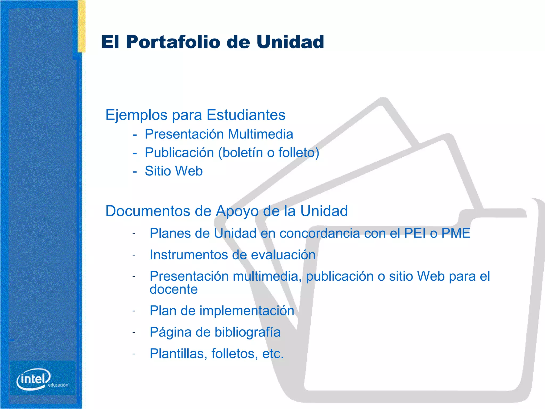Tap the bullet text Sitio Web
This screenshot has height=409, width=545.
click(174, 171)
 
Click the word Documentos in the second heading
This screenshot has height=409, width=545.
click(148, 211)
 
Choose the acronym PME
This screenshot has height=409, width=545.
click(456, 233)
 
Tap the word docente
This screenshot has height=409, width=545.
click(174, 289)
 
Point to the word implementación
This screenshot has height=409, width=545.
click(247, 311)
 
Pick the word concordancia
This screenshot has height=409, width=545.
click(319, 233)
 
